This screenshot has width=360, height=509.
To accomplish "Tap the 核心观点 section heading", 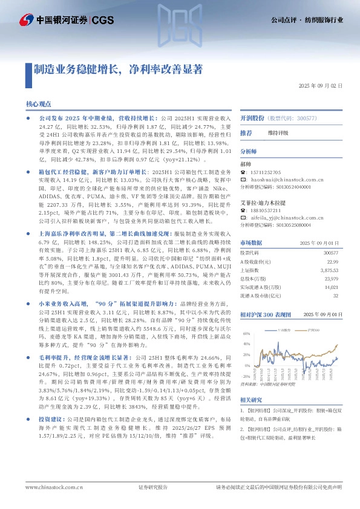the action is (38, 105).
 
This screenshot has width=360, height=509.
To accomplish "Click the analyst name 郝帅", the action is (245, 164).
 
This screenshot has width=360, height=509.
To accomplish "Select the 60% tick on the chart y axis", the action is (246, 333).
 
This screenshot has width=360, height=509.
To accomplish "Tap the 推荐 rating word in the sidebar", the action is (246, 132).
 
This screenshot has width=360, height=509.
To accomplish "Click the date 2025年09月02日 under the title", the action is (321, 86).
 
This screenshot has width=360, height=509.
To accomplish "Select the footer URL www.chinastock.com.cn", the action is (50, 487).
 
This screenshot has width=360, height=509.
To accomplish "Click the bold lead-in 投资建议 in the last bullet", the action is (51, 436).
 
